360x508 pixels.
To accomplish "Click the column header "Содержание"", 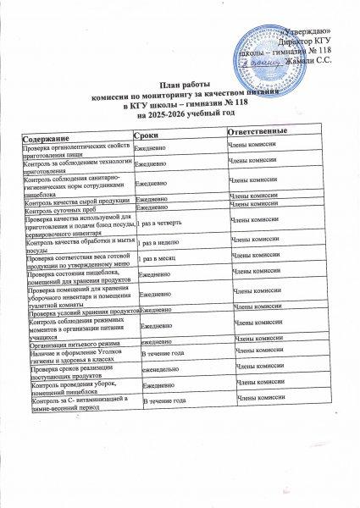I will [x=47, y=136].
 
